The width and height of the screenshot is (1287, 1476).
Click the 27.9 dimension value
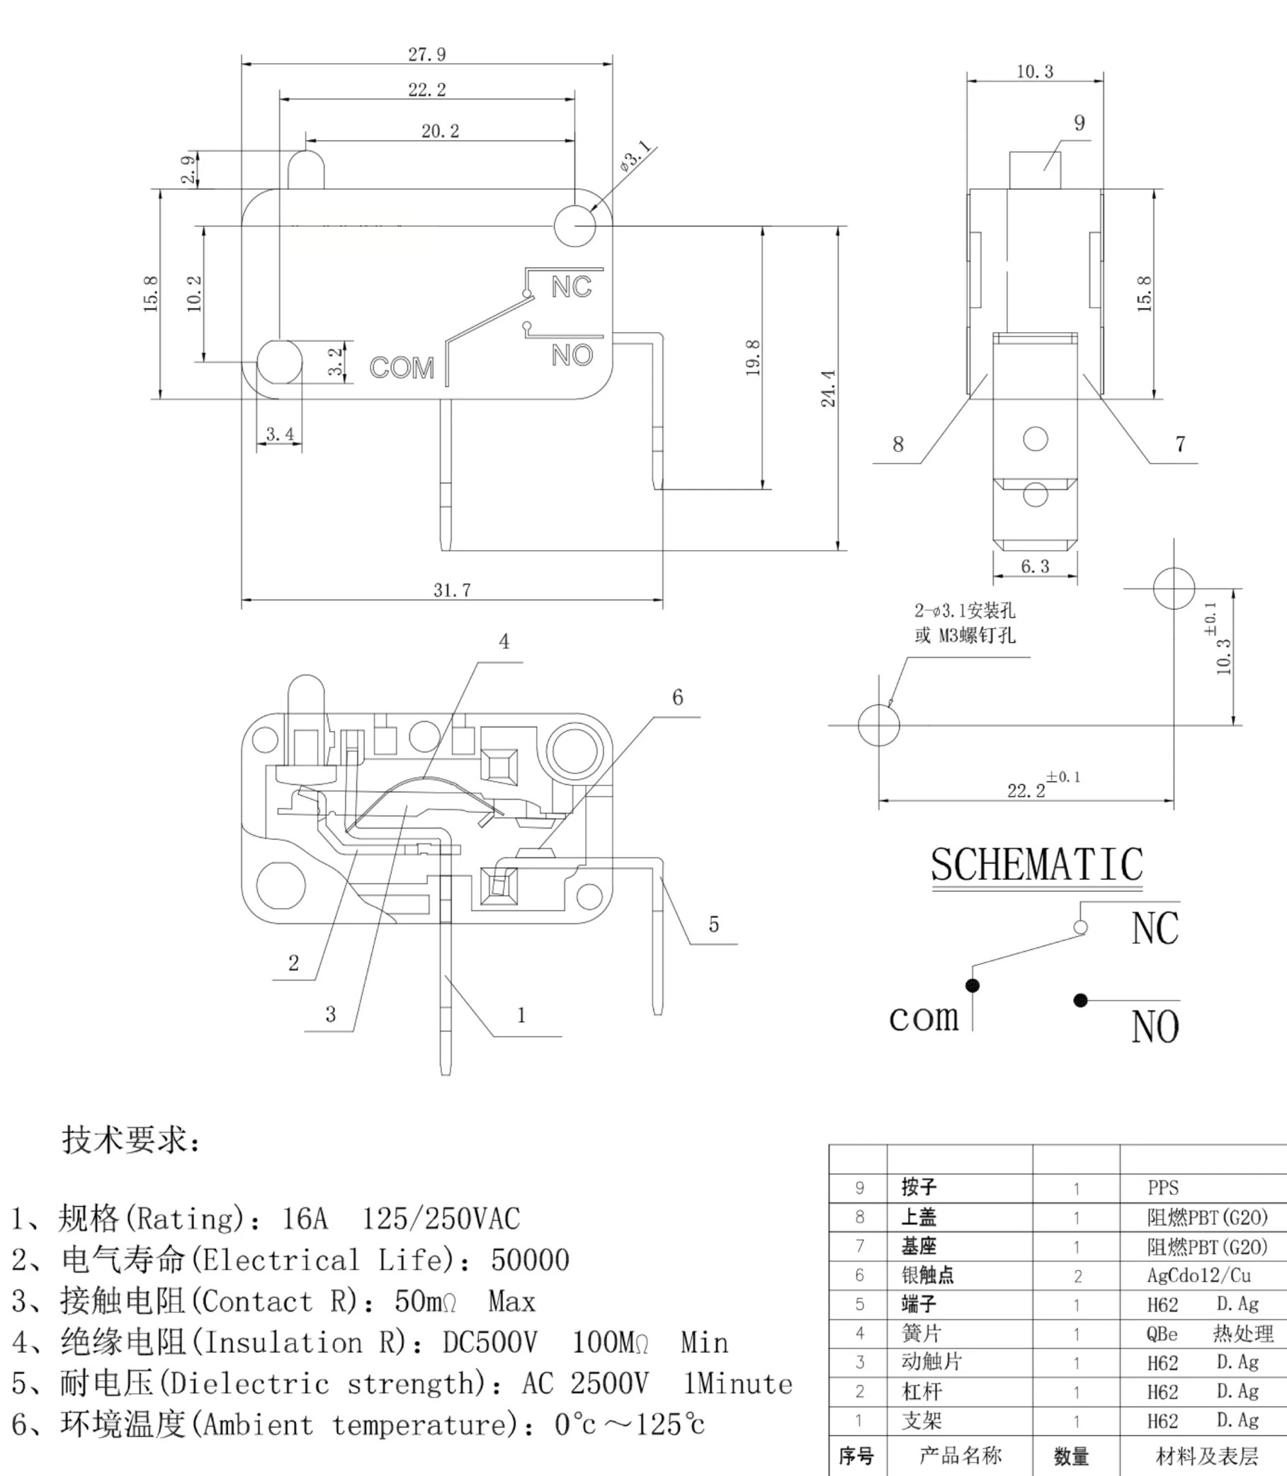tap(426, 55)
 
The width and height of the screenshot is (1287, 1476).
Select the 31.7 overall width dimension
tap(452, 590)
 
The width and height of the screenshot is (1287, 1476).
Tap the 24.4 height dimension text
tap(829, 389)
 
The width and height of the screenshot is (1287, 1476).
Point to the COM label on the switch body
tap(402, 368)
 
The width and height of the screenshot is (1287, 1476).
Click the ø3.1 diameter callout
tap(634, 157)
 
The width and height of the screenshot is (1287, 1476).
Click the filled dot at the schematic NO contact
tap(1080, 1001)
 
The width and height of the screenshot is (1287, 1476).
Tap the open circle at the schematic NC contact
tap(1080, 927)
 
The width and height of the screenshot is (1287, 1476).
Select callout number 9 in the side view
tap(1079, 123)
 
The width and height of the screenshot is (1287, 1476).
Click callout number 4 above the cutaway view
tap(504, 642)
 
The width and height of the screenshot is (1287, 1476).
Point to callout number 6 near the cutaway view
tap(677, 697)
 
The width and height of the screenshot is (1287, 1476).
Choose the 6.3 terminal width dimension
tap(1035, 567)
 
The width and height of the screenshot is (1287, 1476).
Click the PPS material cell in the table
tap(1163, 1188)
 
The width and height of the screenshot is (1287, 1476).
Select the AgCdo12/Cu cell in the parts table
tap(1198, 1276)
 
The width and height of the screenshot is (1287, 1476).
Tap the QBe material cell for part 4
tap(1162, 1334)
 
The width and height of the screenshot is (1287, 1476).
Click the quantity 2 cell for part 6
tap(1077, 1276)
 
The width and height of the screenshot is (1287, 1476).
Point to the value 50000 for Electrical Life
tap(530, 1260)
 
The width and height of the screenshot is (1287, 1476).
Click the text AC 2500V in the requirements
tap(584, 1383)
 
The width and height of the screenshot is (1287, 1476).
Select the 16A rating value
tap(305, 1218)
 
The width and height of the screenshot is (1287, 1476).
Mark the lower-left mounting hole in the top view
tap(279, 362)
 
